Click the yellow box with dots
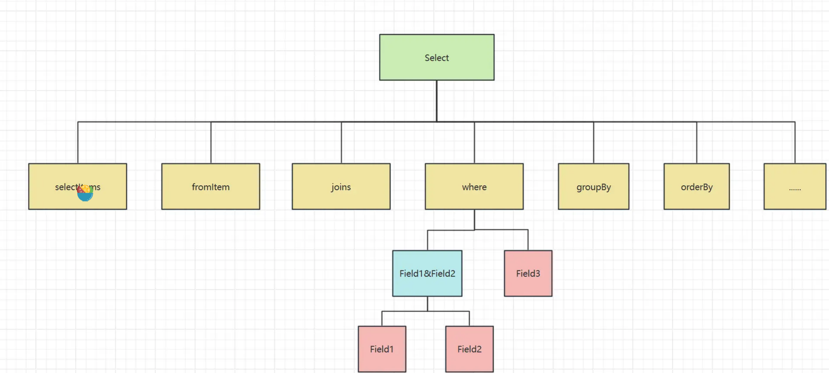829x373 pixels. click(795, 186)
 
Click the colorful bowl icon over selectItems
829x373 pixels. click(85, 193)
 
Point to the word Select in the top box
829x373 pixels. click(436, 58)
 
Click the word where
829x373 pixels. click(474, 187)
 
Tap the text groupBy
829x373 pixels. click(593, 187)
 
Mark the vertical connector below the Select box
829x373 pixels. click(436, 101)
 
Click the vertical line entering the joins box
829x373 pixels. click(341, 143)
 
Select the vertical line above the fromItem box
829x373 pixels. click(211, 143)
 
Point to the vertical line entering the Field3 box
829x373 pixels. click(528, 240)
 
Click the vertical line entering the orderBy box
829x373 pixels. click(697, 143)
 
